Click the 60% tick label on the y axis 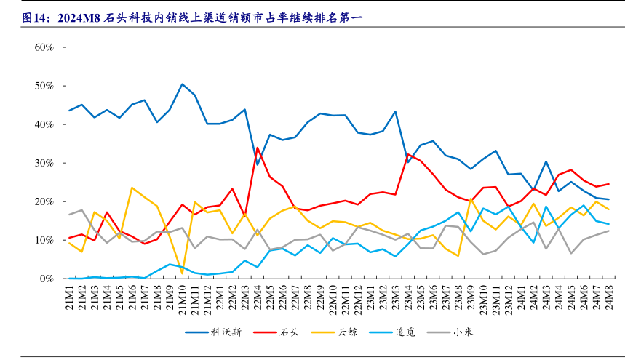pyautogui.click(x=44, y=47)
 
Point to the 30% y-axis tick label pyautogui.click(x=44, y=163)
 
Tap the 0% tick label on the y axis pyautogui.click(x=47, y=279)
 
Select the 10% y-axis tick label pyautogui.click(x=44, y=240)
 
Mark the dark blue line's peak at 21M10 pyautogui.click(x=182, y=84)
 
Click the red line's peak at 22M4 pyautogui.click(x=258, y=148)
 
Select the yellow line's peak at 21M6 pyautogui.click(x=132, y=188)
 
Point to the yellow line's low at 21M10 pyautogui.click(x=182, y=273)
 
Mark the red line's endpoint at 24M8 pyautogui.click(x=608, y=184)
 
